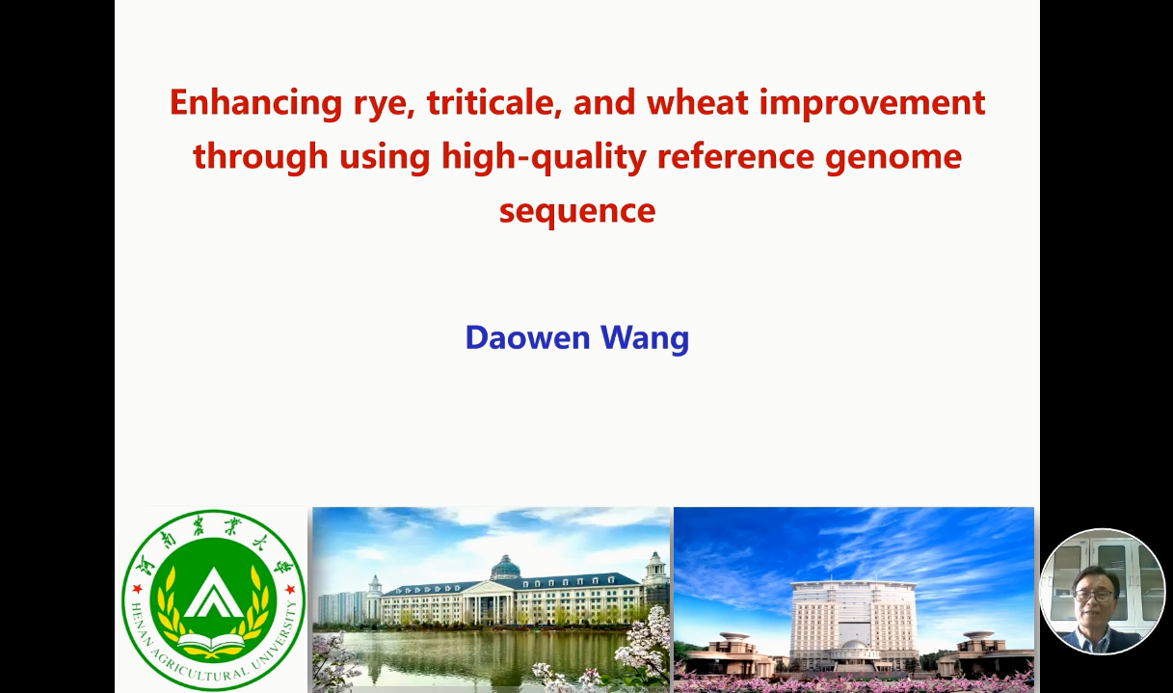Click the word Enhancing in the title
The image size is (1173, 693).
pyautogui.click(x=256, y=104)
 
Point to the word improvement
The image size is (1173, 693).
pyautogui.click(x=873, y=104)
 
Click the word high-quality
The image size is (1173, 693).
pyautogui.click(x=544, y=157)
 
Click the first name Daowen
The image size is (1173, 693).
pyautogui.click(x=528, y=337)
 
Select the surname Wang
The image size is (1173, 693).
pyautogui.click(x=645, y=339)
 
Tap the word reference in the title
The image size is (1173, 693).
pyautogui.click(x=735, y=157)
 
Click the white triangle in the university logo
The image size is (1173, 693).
pyautogui.click(x=213, y=595)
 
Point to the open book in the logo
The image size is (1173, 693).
pyautogui.click(x=213, y=643)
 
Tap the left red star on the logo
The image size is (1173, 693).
pyautogui.click(x=138, y=589)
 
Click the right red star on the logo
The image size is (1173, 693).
pyautogui.click(x=289, y=589)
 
